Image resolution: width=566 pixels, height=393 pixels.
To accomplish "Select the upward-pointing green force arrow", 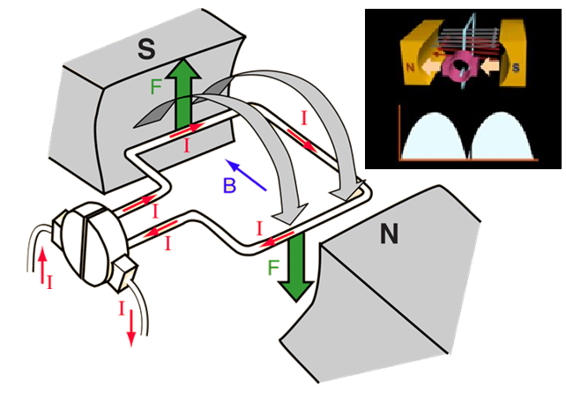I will click(x=182, y=96).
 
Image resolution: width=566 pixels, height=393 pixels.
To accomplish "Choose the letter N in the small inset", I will click(x=411, y=66).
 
